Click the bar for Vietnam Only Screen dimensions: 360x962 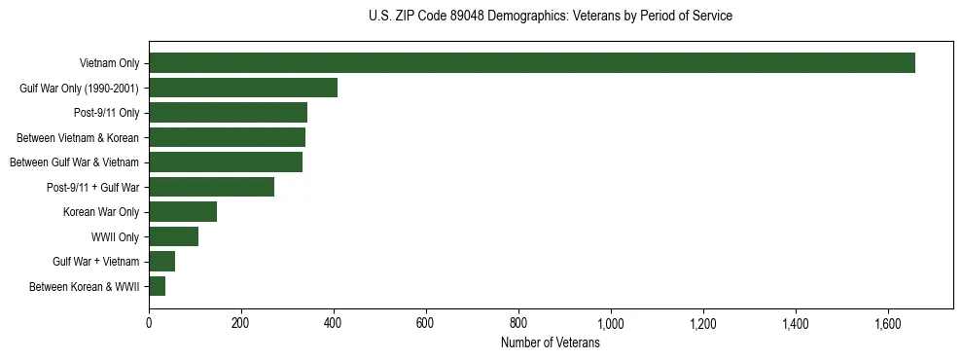(x=532, y=63)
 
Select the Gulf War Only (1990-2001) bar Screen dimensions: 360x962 (x=243, y=88)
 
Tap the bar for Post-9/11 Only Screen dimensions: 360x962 (x=228, y=113)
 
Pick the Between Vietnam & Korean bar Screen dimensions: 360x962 (x=227, y=137)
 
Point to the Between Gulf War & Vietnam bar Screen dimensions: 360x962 (x=226, y=162)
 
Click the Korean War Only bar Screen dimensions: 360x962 (x=183, y=212)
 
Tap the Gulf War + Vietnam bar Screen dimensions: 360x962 (x=161, y=262)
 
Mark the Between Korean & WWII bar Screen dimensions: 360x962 (x=157, y=286)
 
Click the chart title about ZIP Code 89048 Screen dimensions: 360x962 (x=551, y=17)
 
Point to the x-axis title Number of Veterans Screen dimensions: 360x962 (x=551, y=343)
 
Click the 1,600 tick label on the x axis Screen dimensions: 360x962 (x=888, y=322)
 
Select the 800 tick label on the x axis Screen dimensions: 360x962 (x=518, y=322)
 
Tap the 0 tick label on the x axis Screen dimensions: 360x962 (x=149, y=322)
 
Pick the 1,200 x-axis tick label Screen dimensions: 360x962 (x=703, y=322)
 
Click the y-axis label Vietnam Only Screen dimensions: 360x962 (x=109, y=64)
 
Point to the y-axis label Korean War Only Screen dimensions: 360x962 (x=101, y=212)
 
